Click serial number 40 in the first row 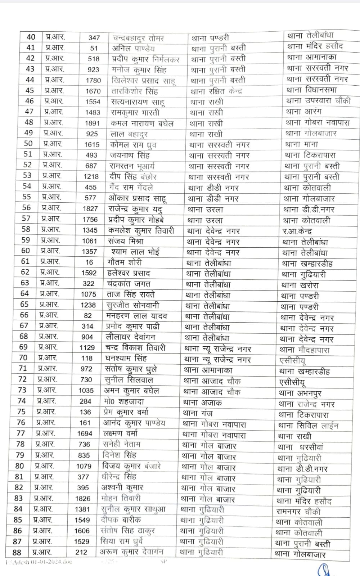31,37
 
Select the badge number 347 94,37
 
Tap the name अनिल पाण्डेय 133,48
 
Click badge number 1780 93,80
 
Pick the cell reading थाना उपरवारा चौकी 318,101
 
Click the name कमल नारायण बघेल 142,123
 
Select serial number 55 27,197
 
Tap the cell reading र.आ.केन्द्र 297,231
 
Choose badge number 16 89,262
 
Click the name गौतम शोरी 125,262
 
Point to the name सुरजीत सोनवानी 133,305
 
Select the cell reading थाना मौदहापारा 304,350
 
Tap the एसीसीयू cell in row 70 292,361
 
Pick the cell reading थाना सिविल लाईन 308,426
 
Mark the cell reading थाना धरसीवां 300,447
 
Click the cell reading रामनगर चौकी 298,512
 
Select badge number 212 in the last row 81,552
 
